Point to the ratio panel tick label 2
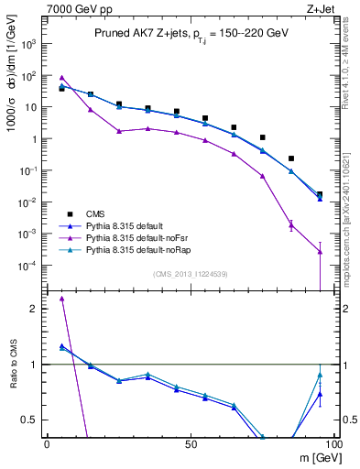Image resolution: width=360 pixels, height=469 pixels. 34,309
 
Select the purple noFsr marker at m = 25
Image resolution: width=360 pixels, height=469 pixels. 119,131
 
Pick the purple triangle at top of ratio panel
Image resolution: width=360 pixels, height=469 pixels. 61,299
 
